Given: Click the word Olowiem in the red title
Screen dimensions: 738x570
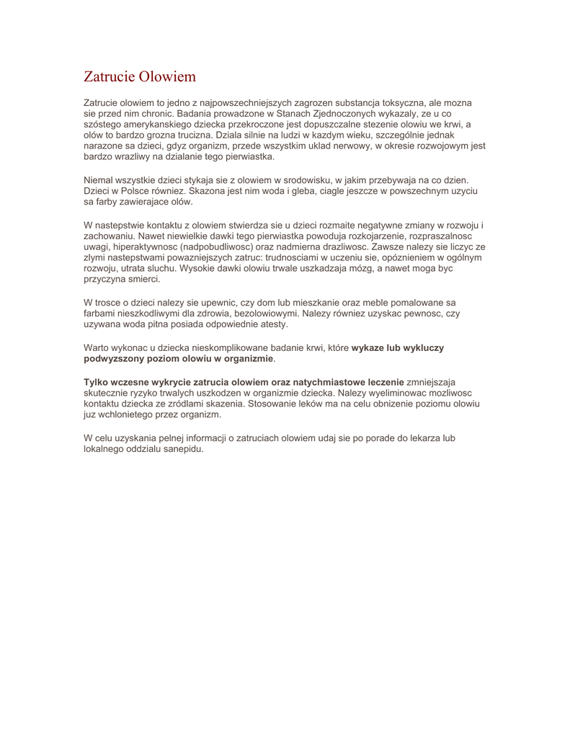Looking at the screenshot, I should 167,76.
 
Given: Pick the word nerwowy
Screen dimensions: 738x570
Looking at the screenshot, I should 333,146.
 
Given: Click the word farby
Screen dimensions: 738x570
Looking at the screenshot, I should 110,202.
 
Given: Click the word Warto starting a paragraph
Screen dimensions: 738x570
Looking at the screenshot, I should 97,347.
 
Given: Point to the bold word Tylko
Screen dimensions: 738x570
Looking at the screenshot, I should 97,381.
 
